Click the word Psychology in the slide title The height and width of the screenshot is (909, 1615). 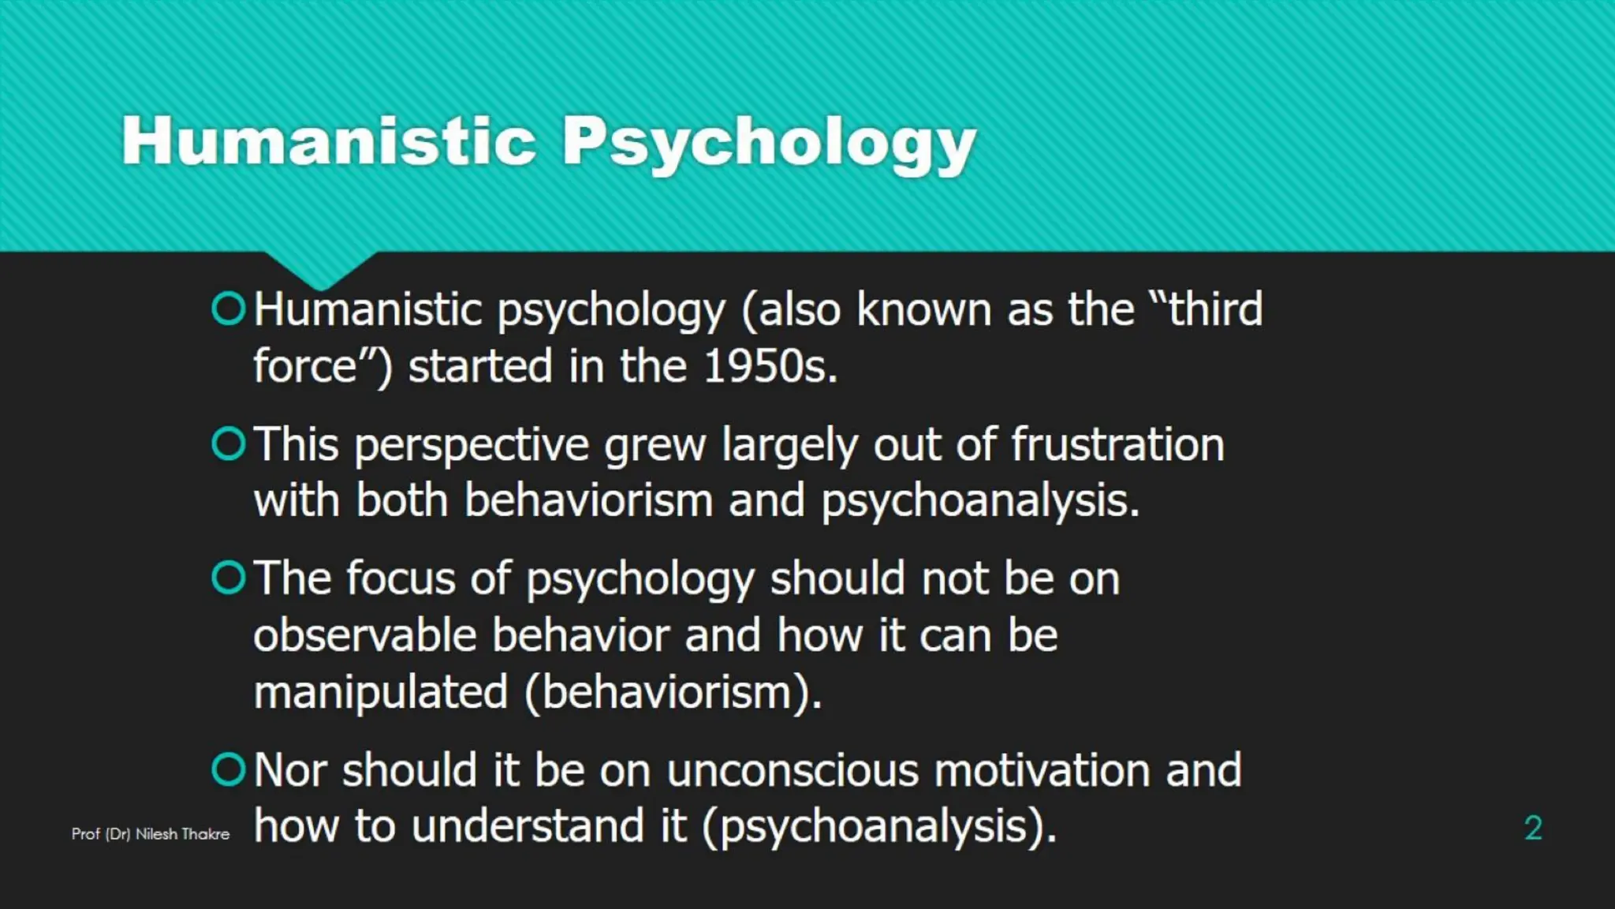(769, 142)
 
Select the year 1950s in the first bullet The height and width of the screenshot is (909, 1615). (770, 366)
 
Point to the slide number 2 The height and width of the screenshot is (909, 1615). (1533, 828)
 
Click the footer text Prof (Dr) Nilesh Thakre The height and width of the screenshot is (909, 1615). (151, 834)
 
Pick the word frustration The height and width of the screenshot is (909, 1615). (1117, 444)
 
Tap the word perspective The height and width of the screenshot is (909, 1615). (472, 446)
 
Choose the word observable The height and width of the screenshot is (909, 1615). (365, 635)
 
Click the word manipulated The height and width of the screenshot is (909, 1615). (381, 692)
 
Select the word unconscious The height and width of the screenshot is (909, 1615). (793, 770)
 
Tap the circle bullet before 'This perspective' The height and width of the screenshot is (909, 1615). (229, 444)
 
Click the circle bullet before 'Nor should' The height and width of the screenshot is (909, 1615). (229, 769)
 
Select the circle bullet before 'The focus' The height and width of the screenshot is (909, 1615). (229, 578)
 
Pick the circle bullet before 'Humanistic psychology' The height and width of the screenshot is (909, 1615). (229, 309)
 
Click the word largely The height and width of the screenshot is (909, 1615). (789, 446)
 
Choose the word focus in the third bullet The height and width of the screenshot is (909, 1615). (401, 578)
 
